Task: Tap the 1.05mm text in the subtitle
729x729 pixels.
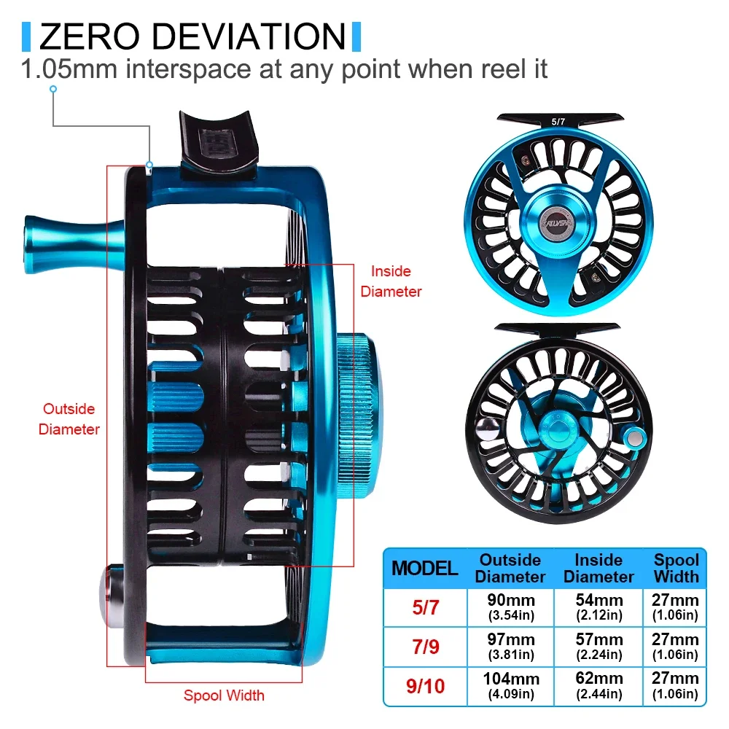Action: point(68,70)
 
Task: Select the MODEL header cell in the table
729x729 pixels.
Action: point(425,569)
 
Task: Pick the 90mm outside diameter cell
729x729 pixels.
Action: point(510,607)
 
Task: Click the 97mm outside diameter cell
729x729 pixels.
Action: point(510,645)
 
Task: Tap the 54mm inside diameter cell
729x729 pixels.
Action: point(599,607)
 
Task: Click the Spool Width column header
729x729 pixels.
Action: point(676,569)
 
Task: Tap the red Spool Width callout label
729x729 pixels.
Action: point(224,695)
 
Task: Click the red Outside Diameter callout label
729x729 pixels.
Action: point(69,419)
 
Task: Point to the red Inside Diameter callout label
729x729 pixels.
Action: point(391,281)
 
